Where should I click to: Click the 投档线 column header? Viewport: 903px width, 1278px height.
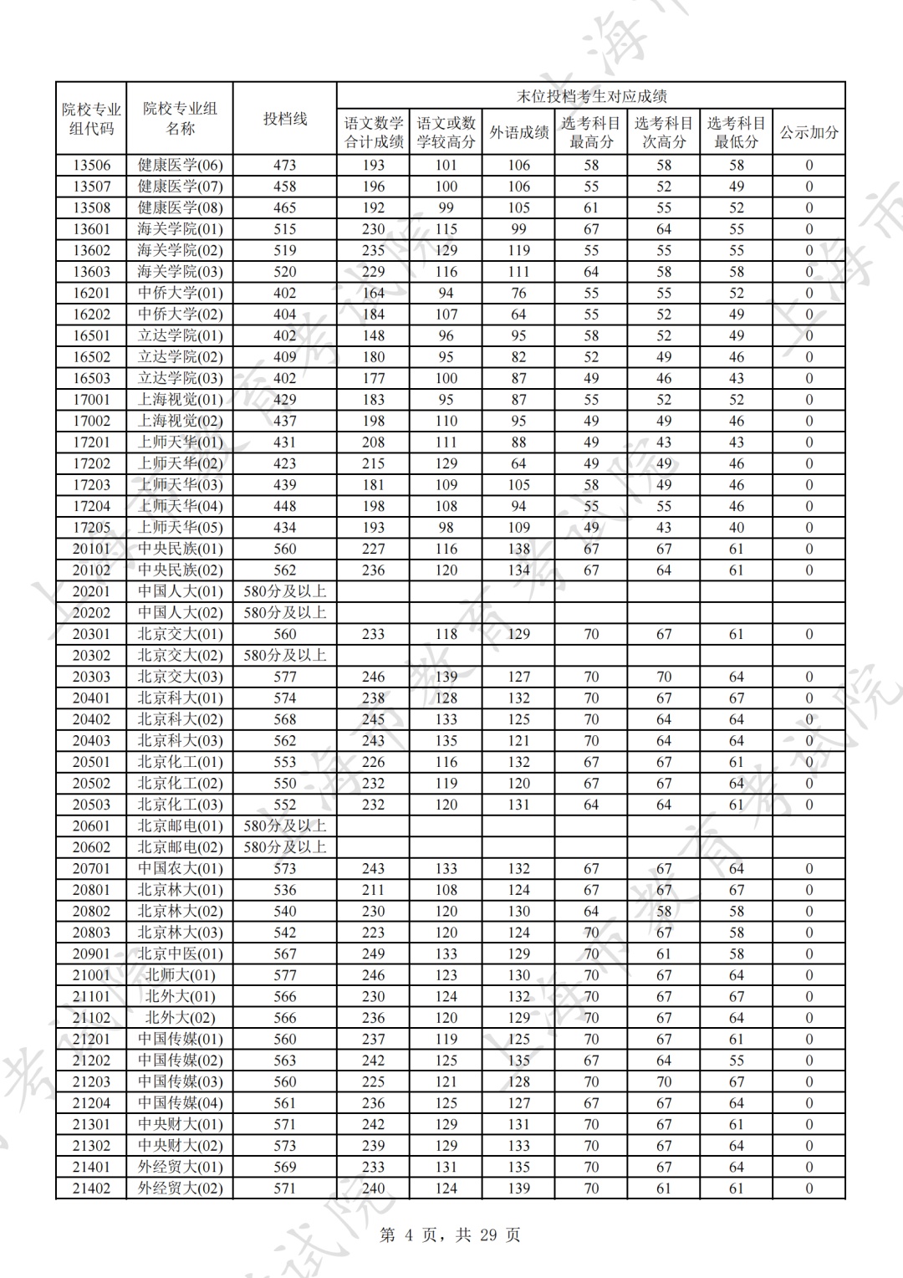click(285, 119)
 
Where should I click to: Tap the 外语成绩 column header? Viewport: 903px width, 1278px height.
click(518, 132)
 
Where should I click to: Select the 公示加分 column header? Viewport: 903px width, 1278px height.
click(809, 132)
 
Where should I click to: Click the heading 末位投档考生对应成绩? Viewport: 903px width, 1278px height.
click(591, 96)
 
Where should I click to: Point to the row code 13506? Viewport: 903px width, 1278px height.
click(91, 166)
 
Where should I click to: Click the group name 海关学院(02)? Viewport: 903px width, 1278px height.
click(180, 250)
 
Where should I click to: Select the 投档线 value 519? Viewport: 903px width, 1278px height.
click(285, 250)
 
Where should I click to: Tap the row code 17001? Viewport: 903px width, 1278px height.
click(91, 400)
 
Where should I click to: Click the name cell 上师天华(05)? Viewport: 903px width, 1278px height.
click(180, 528)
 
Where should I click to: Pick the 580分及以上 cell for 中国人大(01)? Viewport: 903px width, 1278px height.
click(285, 591)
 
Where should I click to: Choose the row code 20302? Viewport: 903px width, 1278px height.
click(91, 656)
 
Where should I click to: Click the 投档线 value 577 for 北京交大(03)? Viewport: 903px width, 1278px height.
click(285, 677)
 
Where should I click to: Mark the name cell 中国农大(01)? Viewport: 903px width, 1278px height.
click(180, 869)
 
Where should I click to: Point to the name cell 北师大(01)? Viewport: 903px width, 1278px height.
click(180, 975)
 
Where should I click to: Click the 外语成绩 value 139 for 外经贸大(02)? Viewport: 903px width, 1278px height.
click(518, 1189)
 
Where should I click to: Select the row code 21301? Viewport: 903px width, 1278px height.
click(91, 1124)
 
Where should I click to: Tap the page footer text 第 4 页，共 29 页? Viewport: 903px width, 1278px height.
click(450, 1235)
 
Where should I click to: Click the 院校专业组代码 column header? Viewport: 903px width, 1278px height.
click(91, 119)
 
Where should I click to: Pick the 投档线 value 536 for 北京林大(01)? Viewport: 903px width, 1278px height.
click(285, 890)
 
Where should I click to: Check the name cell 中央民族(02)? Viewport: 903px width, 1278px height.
click(180, 570)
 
